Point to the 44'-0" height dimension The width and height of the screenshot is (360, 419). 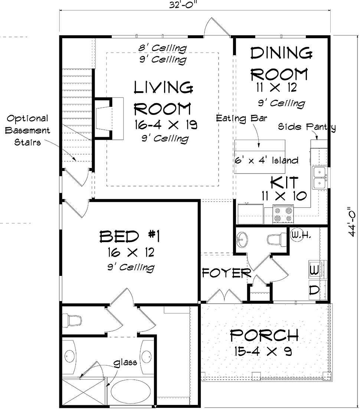tap(352, 221)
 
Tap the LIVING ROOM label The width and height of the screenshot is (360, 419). tap(163, 98)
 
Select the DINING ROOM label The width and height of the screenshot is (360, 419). tap(281, 64)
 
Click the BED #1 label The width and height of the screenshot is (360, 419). tap(130, 237)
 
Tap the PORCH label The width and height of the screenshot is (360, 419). tap(264, 335)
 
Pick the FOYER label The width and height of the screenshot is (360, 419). tap(226, 273)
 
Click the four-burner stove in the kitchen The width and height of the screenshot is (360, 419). tap(283, 214)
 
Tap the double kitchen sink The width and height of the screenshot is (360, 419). tap(320, 178)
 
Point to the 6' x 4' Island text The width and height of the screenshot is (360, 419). tap(266, 160)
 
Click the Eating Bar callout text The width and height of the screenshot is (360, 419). tap(242, 118)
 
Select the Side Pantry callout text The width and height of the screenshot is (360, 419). tap(307, 127)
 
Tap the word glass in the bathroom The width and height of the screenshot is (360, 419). tap(125, 363)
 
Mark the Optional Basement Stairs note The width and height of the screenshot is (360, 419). tap(27, 130)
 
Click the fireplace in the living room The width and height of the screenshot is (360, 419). tap(108, 118)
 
